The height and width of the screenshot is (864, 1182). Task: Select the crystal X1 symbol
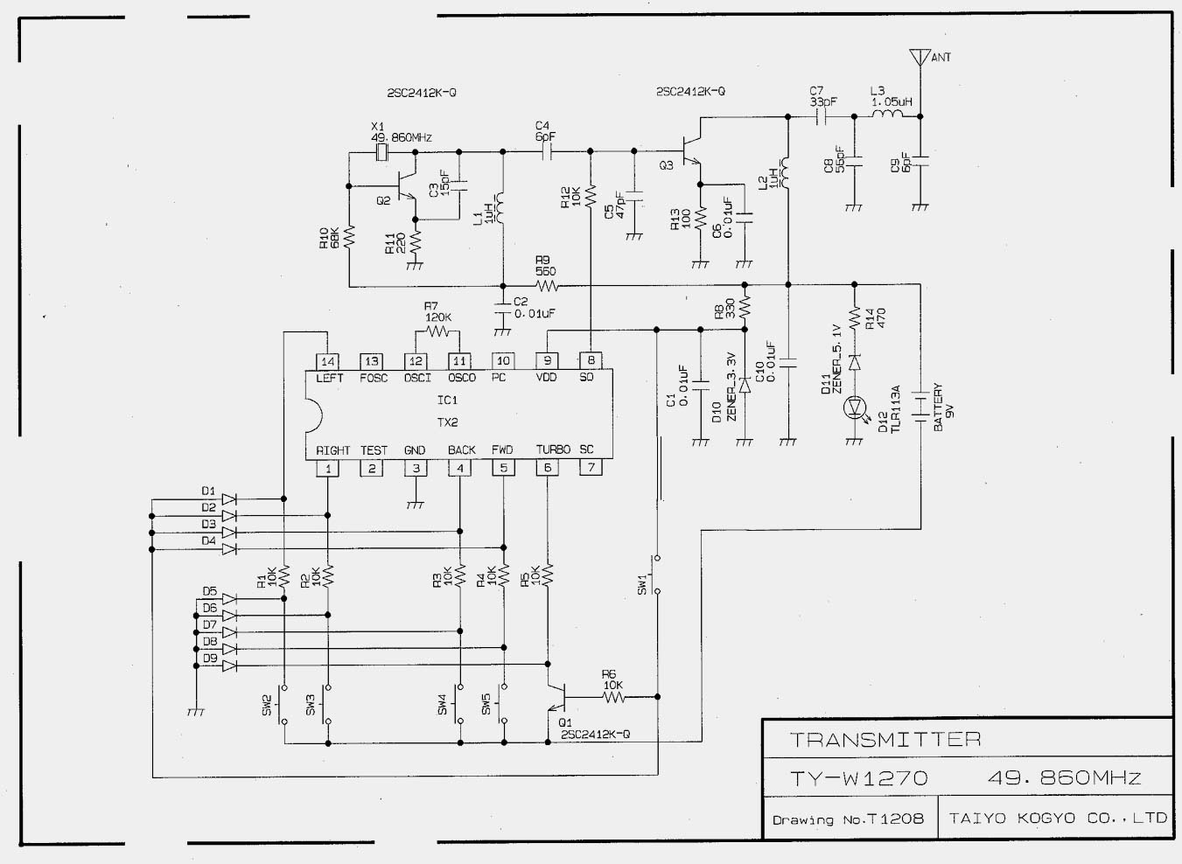(x=381, y=155)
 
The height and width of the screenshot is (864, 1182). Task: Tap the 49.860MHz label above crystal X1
(x=401, y=138)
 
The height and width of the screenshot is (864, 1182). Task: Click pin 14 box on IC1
(x=327, y=361)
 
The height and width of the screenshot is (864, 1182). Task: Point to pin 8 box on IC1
(x=591, y=361)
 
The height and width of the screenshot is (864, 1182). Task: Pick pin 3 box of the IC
(x=416, y=468)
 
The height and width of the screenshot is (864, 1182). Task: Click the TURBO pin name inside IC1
(x=553, y=449)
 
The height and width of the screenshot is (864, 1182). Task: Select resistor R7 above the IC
(x=437, y=331)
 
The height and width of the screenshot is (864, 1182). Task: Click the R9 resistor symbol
(x=547, y=285)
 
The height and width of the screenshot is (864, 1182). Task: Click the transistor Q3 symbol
(x=691, y=150)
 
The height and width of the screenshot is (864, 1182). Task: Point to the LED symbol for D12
(x=854, y=407)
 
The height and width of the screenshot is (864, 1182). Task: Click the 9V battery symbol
(x=920, y=407)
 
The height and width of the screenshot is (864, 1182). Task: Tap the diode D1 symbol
(x=229, y=499)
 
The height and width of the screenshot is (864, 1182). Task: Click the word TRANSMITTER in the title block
(x=885, y=740)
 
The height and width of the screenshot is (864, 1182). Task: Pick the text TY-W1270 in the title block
(x=858, y=777)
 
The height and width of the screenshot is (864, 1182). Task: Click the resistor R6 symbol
(x=612, y=697)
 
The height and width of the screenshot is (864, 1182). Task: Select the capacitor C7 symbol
(x=822, y=115)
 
